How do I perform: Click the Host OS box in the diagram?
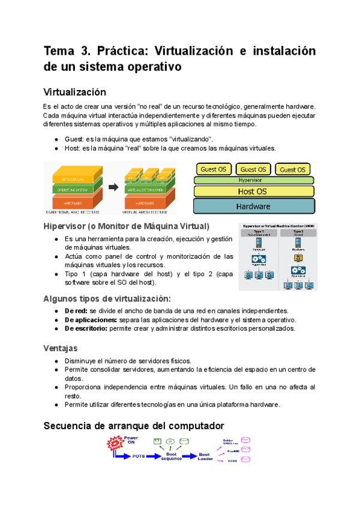tap(253, 191)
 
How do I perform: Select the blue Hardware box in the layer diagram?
tap(253, 206)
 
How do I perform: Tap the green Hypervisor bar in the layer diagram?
tap(253, 179)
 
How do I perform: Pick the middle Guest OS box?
tap(253, 169)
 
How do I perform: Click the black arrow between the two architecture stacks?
tap(113, 188)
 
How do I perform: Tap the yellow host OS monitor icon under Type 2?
tap(297, 258)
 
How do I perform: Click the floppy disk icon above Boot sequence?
tap(158, 442)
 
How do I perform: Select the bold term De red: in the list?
tap(76, 311)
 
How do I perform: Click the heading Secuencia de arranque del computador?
tap(133, 426)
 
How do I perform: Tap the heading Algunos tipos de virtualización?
tap(107, 298)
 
